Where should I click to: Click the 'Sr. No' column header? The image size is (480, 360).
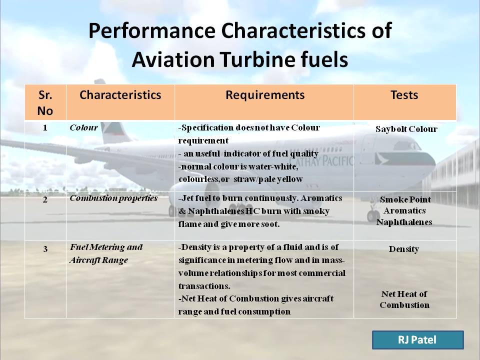coord(45,102)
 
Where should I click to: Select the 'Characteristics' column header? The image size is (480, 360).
coord(120,95)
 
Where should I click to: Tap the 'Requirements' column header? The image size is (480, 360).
coord(264,95)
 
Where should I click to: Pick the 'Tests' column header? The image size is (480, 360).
coord(404,95)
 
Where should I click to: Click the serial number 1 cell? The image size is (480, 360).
coord(45,127)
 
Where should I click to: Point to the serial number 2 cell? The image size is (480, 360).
coord(45,199)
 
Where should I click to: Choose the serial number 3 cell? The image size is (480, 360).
coord(45,248)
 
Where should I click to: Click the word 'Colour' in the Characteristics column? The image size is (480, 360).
coord(83,127)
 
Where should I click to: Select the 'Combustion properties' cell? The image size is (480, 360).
coord(113,198)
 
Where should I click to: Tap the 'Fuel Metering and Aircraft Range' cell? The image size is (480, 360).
coord(106,253)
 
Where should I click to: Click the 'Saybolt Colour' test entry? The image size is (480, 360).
coord(406,129)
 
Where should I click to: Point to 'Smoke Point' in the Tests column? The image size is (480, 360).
coord(405,199)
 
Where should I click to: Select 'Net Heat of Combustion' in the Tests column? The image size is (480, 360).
coord(404,299)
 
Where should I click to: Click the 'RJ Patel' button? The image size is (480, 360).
coord(417,340)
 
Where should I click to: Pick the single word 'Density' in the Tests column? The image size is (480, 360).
coord(404,249)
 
